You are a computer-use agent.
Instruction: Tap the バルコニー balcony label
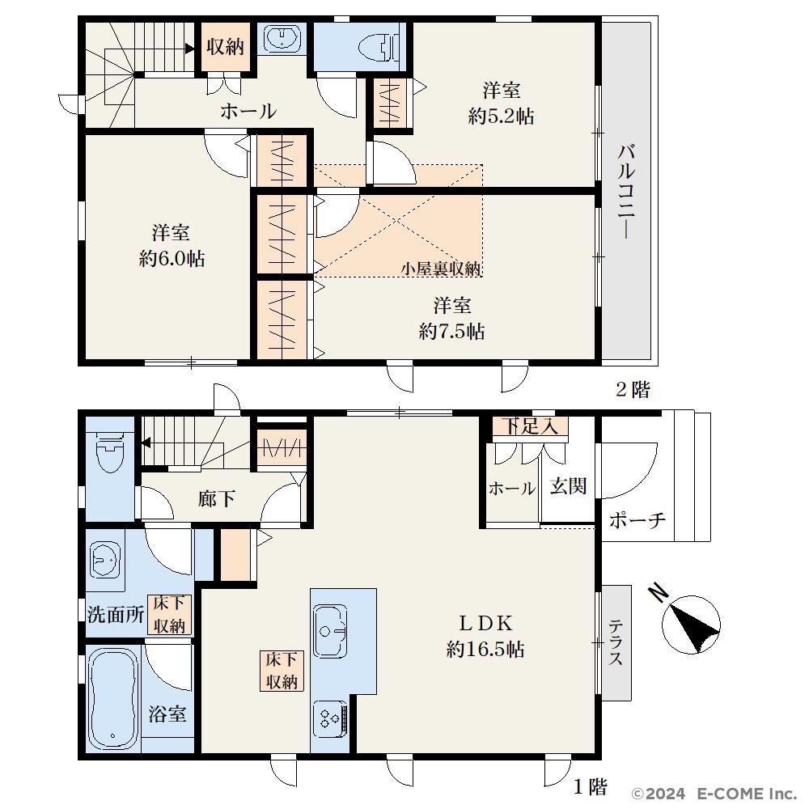tap(626, 192)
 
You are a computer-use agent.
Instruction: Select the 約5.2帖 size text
tap(501, 116)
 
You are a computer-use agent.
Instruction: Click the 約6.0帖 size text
tap(172, 259)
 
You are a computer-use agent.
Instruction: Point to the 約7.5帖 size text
tap(452, 332)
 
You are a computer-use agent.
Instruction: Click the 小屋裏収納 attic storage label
tap(442, 269)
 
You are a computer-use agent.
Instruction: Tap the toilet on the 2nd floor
tap(379, 46)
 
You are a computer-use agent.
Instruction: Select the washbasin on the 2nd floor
tap(281, 38)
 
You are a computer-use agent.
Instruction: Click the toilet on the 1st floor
tap(110, 450)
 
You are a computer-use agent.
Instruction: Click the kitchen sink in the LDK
tap(330, 630)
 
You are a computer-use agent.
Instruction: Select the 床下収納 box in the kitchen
tap(282, 671)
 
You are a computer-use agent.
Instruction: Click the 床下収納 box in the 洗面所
tap(169, 615)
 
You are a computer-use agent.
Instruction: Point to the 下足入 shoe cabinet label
tap(531, 426)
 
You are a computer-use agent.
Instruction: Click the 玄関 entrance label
tap(568, 485)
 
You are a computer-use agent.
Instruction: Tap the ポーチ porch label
tap(637, 520)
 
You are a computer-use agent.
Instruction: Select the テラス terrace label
tap(616, 642)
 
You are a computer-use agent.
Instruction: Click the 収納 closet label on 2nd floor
tap(226, 47)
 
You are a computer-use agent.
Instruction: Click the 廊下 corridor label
tap(217, 498)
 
